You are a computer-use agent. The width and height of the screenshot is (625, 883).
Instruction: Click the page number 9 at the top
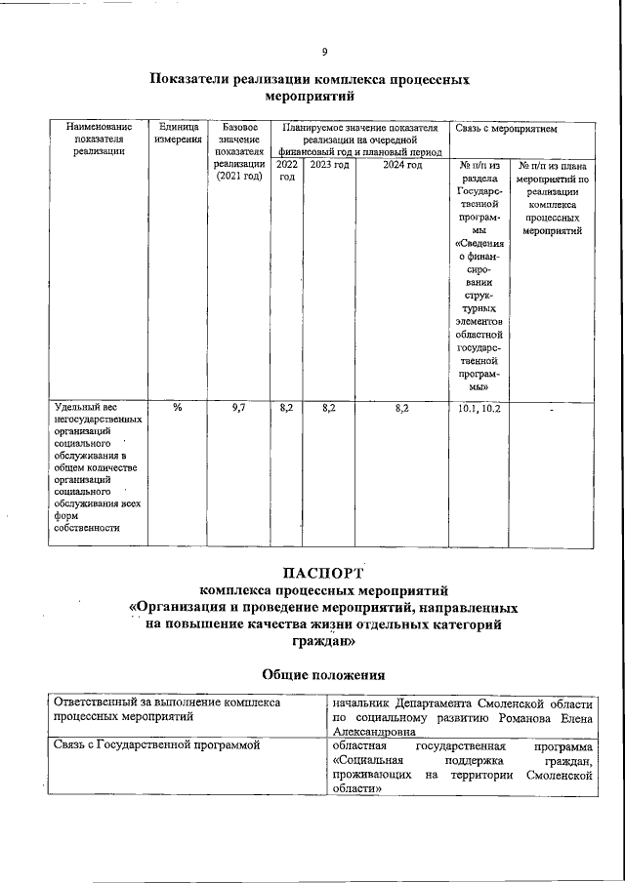324,52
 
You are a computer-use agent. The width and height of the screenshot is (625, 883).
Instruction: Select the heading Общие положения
323,674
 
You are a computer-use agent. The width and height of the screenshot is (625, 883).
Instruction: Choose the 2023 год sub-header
329,165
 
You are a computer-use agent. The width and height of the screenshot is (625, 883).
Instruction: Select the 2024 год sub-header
401,165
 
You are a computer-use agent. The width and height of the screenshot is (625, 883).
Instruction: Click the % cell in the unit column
177,408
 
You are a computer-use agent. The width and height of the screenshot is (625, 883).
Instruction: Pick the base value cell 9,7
239,408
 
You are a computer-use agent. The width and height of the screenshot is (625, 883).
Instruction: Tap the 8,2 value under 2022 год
286,408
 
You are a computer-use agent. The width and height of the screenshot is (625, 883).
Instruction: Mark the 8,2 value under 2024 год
401,408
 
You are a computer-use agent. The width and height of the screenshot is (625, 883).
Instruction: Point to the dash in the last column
552,410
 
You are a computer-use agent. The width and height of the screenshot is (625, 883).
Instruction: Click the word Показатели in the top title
195,80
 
